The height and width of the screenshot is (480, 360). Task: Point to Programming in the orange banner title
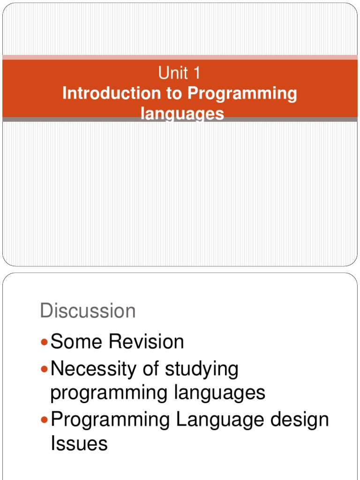tap(242, 94)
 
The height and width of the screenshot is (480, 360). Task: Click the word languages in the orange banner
tap(182, 114)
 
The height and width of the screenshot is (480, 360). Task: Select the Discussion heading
tap(88, 311)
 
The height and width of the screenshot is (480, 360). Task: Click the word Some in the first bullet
tap(77, 342)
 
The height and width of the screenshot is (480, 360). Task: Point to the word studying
tap(202, 370)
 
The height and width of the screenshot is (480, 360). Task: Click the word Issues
tap(79, 443)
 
